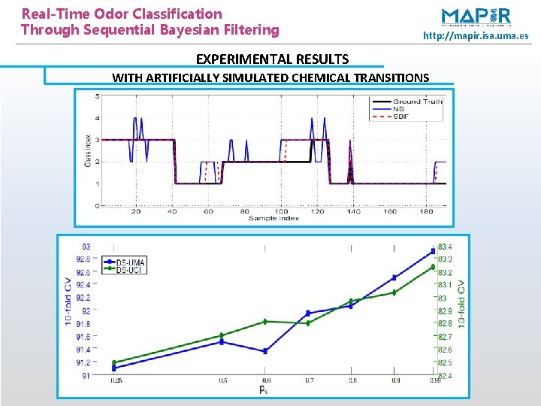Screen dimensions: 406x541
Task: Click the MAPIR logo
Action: tap(476, 17)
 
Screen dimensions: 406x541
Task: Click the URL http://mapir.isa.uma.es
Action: tap(476, 35)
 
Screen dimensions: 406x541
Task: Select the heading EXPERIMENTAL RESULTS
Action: tap(272, 59)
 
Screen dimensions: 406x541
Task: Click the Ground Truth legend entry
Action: tap(417, 101)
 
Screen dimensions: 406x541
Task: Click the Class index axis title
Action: tap(88, 150)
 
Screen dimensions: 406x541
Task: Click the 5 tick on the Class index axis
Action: tap(97, 96)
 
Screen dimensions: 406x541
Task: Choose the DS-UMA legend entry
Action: tap(131, 261)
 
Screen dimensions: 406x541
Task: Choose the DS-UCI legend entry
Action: tap(131, 268)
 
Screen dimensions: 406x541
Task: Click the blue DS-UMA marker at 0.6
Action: tap(265, 351)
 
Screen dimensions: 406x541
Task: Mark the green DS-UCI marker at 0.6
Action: tap(265, 321)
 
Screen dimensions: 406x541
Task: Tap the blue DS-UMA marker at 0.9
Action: tap(394, 277)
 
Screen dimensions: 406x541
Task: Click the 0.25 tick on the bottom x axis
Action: tap(116, 381)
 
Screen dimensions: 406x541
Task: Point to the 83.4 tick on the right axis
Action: tap(445, 247)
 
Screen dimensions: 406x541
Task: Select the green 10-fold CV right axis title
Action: tap(461, 304)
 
